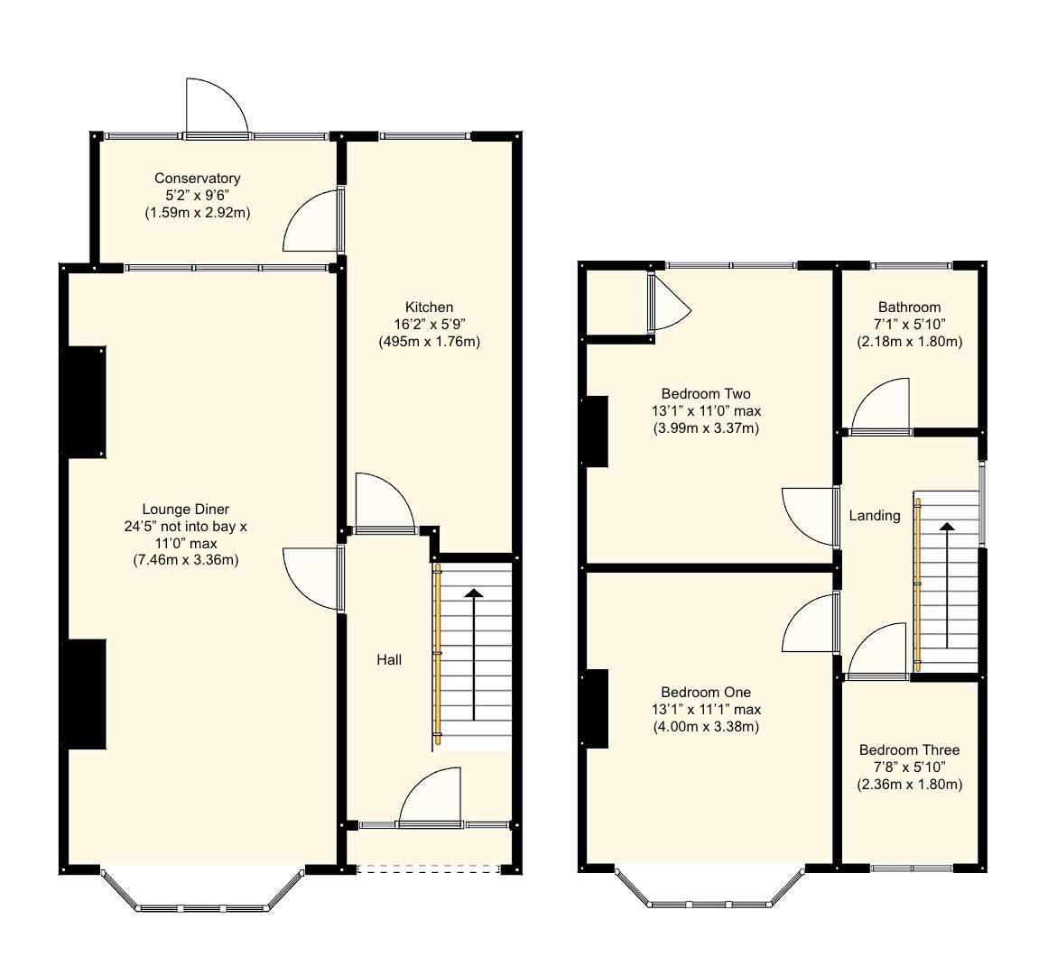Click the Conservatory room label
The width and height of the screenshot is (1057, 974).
[197, 179]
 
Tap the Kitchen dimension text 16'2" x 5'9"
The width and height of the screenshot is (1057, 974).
[429, 325]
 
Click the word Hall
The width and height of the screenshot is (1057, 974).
[389, 660]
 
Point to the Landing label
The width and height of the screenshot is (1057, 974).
[875, 516]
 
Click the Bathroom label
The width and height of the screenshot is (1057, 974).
[909, 308]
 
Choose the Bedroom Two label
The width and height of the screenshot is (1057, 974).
[705, 394]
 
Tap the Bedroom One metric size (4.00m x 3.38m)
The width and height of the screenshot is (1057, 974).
[705, 727]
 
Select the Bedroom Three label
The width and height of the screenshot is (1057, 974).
[909, 750]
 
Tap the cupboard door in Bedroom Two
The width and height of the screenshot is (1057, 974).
[669, 303]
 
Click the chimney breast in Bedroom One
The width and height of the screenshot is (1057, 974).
[596, 709]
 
